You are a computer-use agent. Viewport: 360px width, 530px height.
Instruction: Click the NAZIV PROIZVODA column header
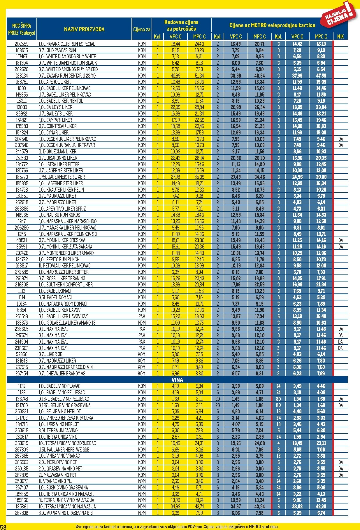(x=84, y=29)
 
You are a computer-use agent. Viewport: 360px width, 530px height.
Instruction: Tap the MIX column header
(x=340, y=36)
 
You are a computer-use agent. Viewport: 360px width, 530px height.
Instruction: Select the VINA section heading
(x=177, y=380)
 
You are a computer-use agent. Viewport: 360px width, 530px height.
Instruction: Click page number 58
(x=3, y=527)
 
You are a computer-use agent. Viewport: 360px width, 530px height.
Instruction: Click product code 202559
(x=22, y=44)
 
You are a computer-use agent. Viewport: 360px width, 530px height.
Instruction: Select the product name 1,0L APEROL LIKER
(x=55, y=82)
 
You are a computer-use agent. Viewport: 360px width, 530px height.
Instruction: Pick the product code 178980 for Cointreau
(x=22, y=126)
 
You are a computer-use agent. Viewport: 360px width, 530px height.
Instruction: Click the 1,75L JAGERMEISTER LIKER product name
(x=62, y=177)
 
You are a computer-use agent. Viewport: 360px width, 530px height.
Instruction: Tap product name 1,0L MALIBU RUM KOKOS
(x=59, y=215)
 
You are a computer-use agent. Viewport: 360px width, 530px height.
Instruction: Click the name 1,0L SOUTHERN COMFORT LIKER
(x=66, y=285)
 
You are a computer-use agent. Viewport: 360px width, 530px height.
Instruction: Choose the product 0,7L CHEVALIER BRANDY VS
(x=62, y=373)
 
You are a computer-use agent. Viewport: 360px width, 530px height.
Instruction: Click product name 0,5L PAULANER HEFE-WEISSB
(x=64, y=449)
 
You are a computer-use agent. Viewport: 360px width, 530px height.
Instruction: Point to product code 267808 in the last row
(x=22, y=513)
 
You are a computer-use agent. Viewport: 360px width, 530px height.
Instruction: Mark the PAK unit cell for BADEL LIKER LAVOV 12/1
(x=142, y=316)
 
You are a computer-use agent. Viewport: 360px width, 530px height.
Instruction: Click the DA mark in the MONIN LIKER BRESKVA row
(x=340, y=240)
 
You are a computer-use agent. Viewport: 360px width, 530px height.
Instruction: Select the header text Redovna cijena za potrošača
(x=181, y=25)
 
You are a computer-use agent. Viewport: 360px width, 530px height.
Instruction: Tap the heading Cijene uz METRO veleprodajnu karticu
(x=272, y=25)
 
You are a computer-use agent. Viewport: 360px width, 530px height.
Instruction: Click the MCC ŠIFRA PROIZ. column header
(x=22, y=29)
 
